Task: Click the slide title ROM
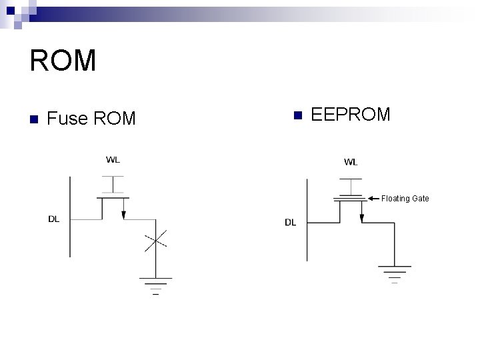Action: coord(63,61)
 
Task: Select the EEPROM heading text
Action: coord(351,115)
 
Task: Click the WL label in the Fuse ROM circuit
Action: coord(113,159)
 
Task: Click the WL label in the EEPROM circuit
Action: coord(350,162)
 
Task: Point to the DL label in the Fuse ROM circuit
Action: coord(53,219)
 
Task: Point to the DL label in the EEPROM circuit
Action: coord(291,222)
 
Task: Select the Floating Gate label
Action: coord(405,199)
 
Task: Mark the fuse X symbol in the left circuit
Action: coord(155,241)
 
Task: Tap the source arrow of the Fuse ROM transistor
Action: coord(124,213)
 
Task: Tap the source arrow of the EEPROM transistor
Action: coord(361,217)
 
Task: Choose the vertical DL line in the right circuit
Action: coord(307,220)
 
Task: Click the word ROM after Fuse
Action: coord(115,119)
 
